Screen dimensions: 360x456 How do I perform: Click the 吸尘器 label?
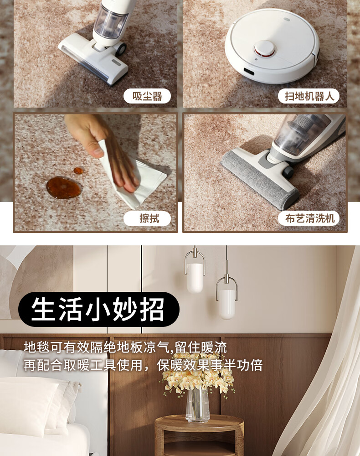pyautogui.click(x=147, y=96)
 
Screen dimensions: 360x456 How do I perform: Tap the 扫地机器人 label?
pyautogui.click(x=309, y=96)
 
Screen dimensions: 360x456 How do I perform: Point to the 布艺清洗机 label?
pyautogui.click(x=309, y=218)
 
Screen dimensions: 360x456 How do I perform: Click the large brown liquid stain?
pyautogui.click(x=63, y=187)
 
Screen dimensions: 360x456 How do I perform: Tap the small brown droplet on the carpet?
pyautogui.click(x=78, y=171)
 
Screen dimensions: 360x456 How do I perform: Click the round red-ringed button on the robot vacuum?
pyautogui.click(x=264, y=48)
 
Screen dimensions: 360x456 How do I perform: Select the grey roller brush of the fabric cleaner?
pyautogui.click(x=258, y=179)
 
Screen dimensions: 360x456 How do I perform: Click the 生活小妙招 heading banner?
pyautogui.click(x=99, y=309)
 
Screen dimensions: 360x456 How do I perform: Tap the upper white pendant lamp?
pyautogui.click(x=195, y=278)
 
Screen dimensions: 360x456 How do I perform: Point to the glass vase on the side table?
pyautogui.click(x=198, y=404)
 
